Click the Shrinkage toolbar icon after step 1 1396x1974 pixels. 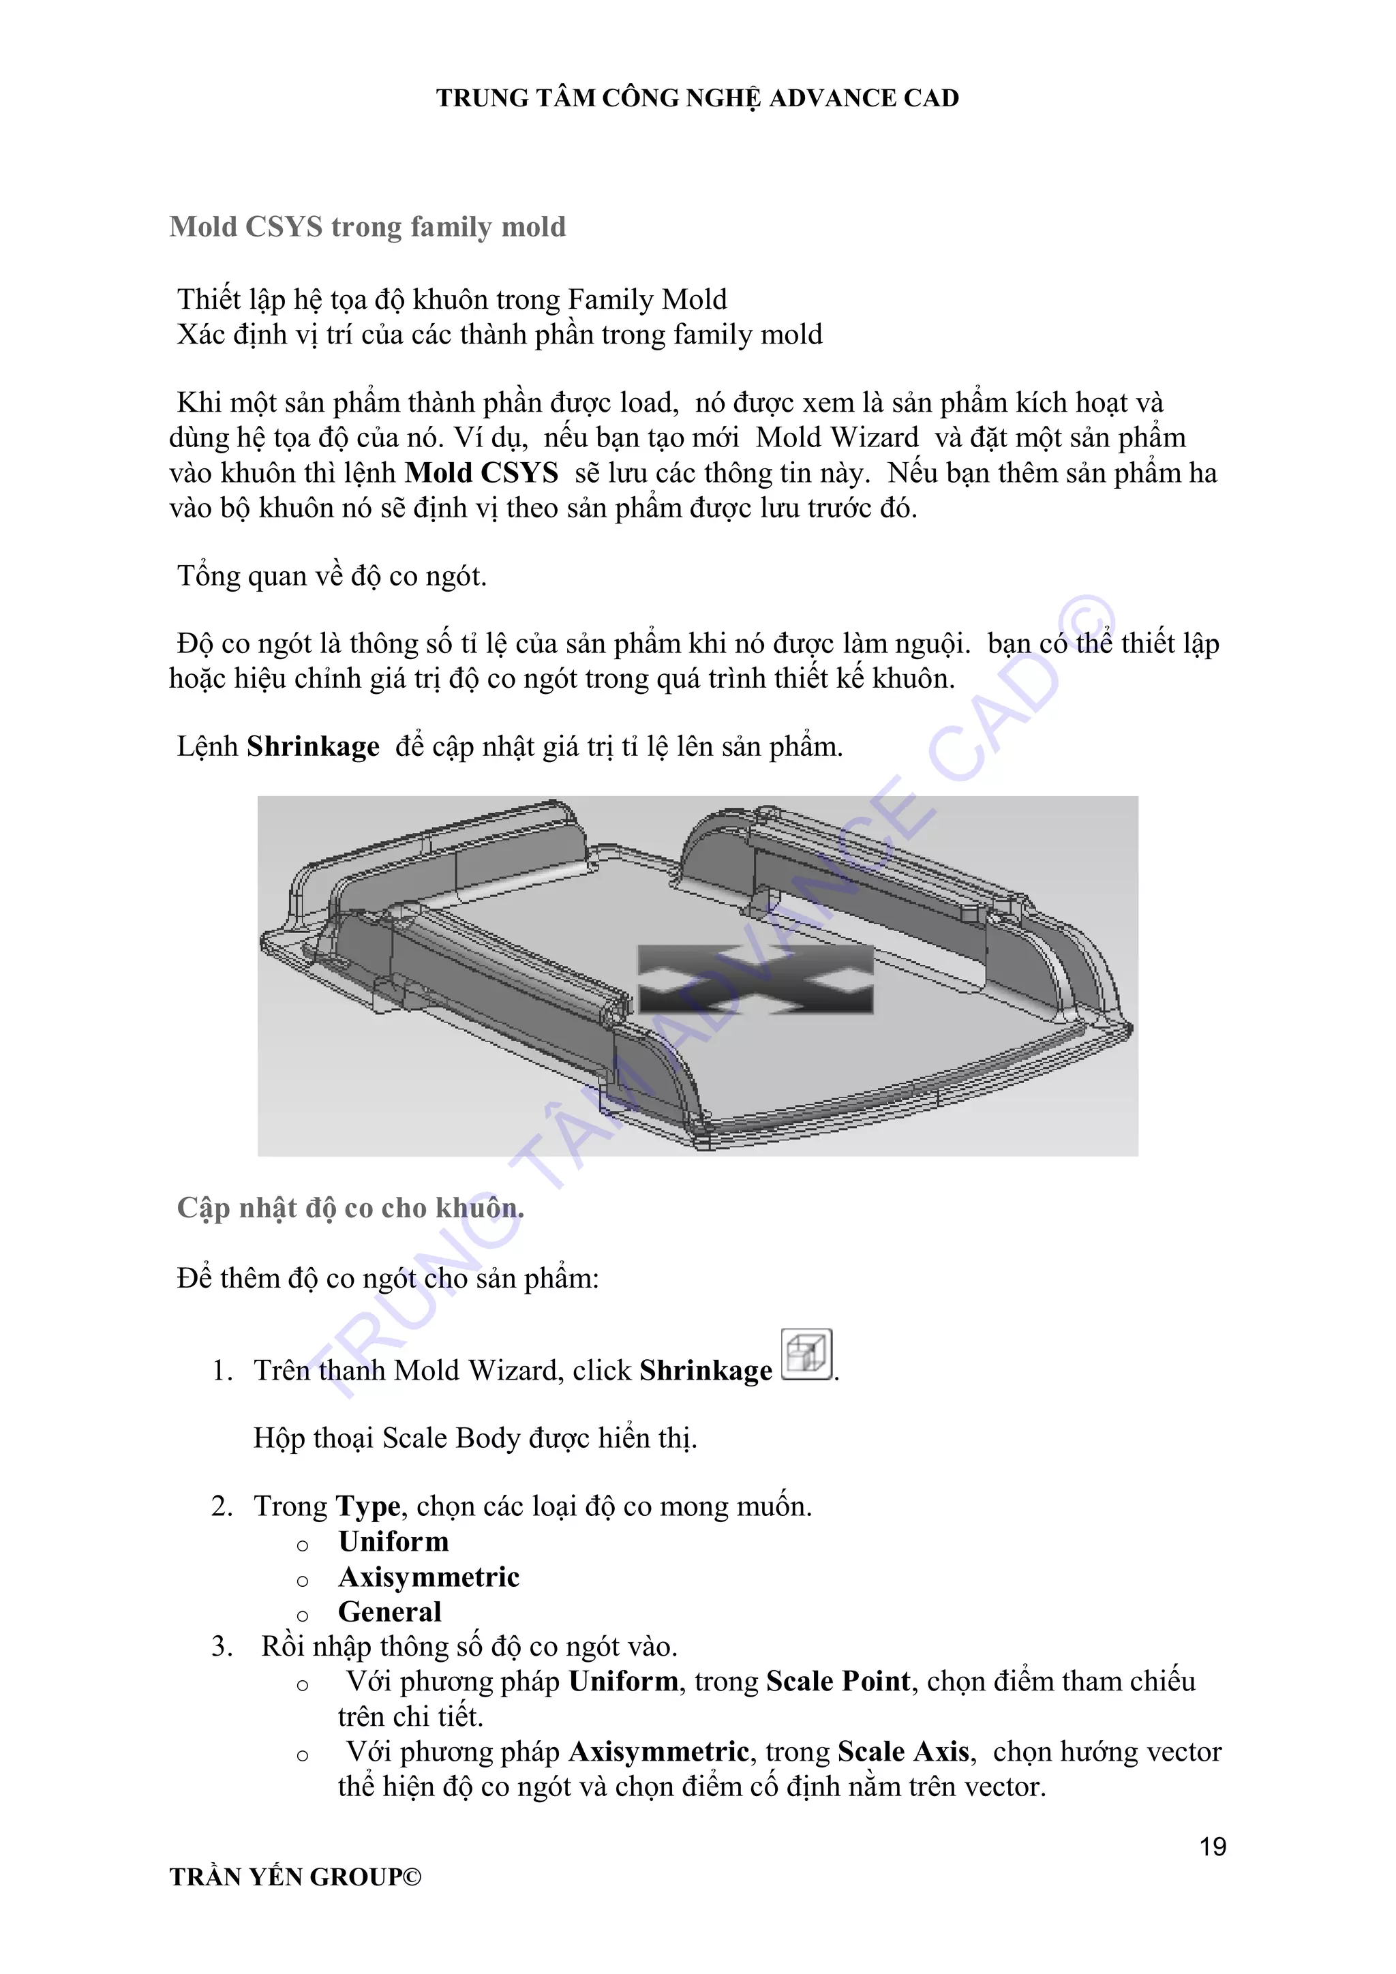click(806, 1355)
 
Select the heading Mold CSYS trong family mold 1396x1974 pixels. click(368, 227)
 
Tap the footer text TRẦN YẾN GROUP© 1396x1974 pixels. click(296, 1877)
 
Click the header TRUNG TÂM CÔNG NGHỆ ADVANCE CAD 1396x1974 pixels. click(697, 98)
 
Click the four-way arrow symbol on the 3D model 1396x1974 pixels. click(755, 980)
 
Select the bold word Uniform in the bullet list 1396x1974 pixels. click(394, 1542)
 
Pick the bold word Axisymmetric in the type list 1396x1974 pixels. click(429, 1577)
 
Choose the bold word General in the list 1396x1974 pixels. click(389, 1611)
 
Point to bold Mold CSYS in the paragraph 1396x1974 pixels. click(481, 473)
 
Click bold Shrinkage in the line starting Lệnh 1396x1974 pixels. click(313, 746)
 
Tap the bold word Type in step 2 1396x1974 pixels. click(368, 1506)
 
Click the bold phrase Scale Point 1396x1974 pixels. click(838, 1682)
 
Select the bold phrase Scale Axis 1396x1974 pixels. click(903, 1751)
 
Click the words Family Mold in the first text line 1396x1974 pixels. click(648, 299)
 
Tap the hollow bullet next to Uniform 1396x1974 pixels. click(303, 1545)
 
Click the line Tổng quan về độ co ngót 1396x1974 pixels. click(332, 576)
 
